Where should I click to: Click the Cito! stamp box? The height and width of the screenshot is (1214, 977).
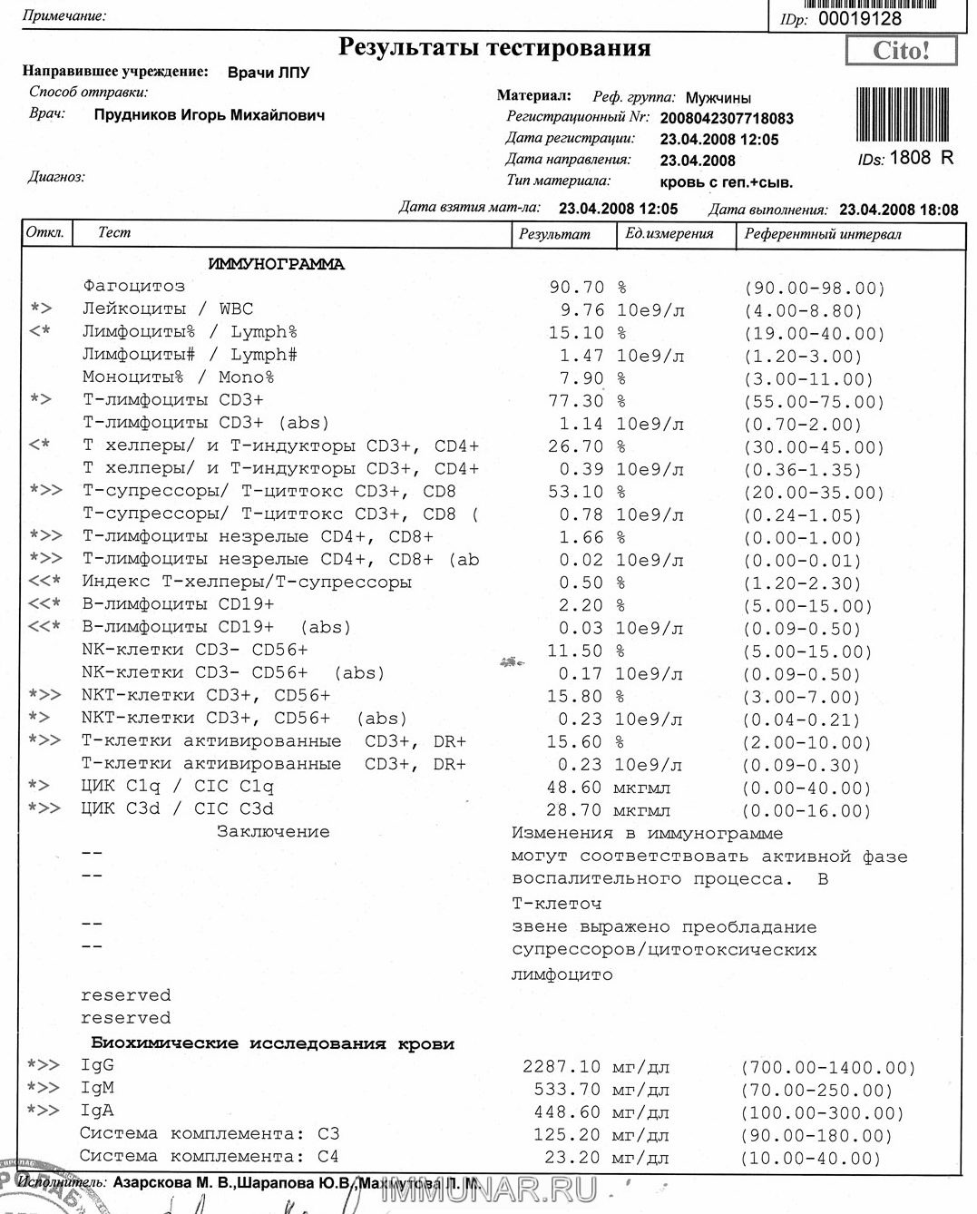[x=901, y=51]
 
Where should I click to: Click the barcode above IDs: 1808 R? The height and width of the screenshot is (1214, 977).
[x=903, y=114]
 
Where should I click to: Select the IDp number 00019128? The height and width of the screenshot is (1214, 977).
[x=859, y=18]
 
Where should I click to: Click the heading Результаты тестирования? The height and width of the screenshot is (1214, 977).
[x=494, y=47]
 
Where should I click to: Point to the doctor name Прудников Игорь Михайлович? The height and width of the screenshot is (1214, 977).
[x=209, y=115]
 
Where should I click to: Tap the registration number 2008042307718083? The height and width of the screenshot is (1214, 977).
[x=727, y=118]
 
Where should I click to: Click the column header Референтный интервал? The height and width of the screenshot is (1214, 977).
[x=823, y=234]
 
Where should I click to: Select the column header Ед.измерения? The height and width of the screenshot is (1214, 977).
[x=669, y=234]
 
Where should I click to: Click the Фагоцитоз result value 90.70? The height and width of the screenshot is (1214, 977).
[x=576, y=287]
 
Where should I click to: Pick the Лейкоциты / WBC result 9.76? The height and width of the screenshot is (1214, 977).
[x=581, y=309]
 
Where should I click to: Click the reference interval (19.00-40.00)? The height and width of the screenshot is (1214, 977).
[x=814, y=333]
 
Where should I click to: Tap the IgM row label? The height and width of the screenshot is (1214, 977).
[x=97, y=1088]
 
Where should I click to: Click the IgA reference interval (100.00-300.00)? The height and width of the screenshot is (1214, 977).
[x=823, y=1112]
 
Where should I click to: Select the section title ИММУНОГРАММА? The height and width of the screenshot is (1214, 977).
[x=276, y=264]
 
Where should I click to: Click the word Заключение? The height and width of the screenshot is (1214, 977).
[x=272, y=831]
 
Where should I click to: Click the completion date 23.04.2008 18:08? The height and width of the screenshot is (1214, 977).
[x=898, y=210]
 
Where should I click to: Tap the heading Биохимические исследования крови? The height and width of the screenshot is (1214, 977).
[x=272, y=1043]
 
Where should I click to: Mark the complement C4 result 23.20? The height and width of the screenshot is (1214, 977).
[x=572, y=1157]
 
